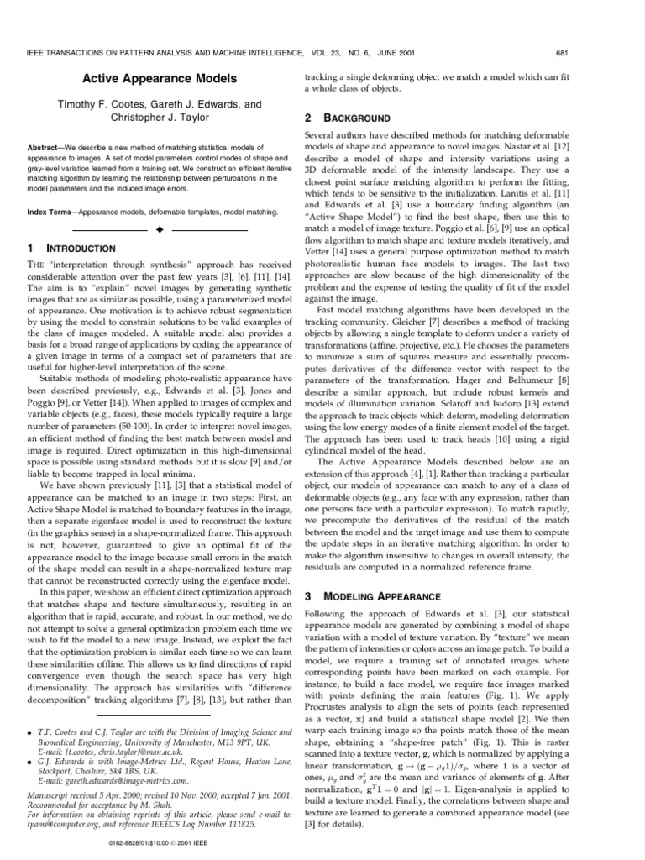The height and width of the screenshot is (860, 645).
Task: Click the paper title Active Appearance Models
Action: (159, 79)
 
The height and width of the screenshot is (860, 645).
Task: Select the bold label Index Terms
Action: (47, 212)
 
